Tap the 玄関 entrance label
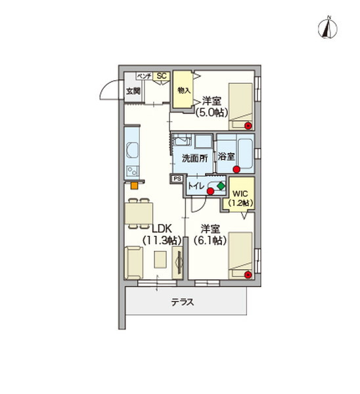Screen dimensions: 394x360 click(133, 91)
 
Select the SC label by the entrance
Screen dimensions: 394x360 click(162, 76)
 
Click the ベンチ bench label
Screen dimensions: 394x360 click(145, 76)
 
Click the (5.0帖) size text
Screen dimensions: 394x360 click(212, 112)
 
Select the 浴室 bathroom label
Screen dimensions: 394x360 click(227, 157)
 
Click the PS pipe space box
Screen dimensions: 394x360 click(176, 179)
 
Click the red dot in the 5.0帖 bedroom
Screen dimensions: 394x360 click(248, 125)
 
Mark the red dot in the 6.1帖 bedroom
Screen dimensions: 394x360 click(248, 274)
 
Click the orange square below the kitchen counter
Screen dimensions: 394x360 click(134, 185)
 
